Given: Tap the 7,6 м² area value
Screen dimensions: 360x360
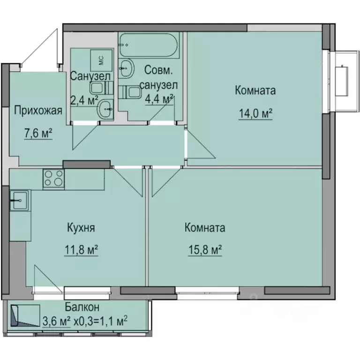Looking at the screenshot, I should pos(38,134).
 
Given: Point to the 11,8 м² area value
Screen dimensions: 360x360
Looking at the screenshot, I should pos(81,250).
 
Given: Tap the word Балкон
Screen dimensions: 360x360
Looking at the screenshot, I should pos(82,307).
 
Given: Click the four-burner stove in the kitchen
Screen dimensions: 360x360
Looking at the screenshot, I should pos(53,179).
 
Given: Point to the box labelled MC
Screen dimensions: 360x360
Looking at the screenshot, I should pos(100,59).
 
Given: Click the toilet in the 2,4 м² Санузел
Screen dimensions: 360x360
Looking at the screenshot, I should pos(100,88).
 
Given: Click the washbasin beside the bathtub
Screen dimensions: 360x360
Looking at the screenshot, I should pos(126,69).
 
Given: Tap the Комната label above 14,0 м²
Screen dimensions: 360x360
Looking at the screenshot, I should pos(255,90).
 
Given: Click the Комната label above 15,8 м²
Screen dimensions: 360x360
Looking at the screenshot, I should pos(205,228).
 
